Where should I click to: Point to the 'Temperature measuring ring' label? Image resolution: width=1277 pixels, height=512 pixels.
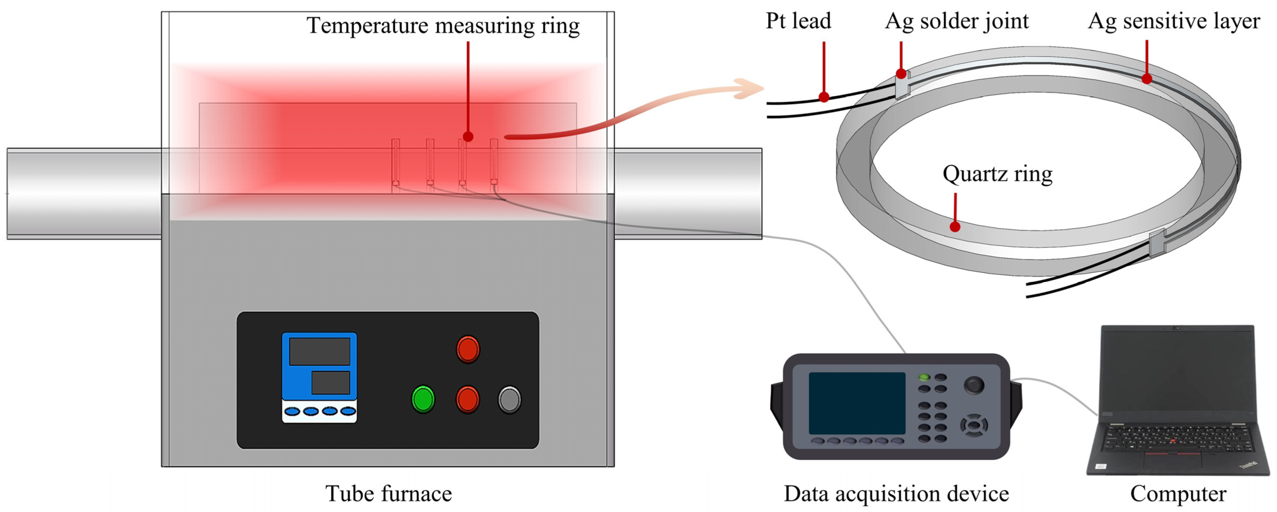[x=443, y=26]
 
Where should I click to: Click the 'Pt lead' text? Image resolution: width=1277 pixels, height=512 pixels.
[x=798, y=21]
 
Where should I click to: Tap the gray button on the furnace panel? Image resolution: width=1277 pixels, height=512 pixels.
[x=509, y=399]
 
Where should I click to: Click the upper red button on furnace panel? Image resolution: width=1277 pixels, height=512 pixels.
[x=467, y=349]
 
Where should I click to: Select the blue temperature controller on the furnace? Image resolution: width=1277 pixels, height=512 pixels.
[x=319, y=377]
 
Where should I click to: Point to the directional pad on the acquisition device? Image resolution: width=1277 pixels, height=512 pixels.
[x=974, y=425]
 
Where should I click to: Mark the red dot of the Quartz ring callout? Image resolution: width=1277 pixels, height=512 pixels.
[x=955, y=227]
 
